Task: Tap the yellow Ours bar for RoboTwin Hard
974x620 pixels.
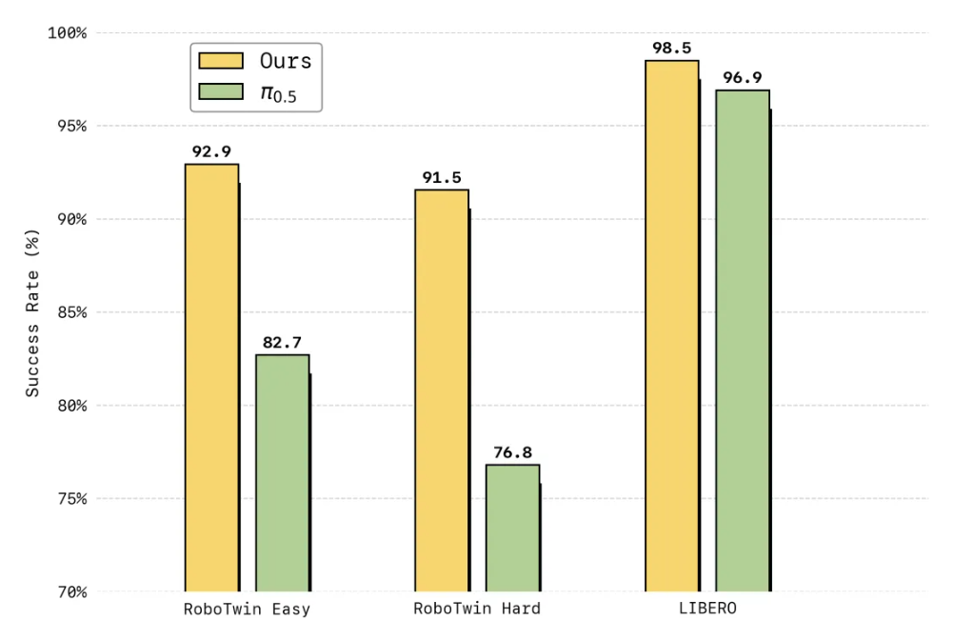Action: pos(441,390)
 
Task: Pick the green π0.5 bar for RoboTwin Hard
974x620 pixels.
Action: pos(512,528)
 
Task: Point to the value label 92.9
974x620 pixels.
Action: pos(211,150)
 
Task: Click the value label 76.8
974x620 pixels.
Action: pos(512,451)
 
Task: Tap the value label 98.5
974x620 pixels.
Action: pos(671,47)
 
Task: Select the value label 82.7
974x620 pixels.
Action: pos(282,341)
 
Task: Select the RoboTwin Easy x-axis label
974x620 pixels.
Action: pos(247,609)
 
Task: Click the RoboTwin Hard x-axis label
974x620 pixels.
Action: pos(477,609)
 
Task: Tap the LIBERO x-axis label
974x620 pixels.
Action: pos(707,609)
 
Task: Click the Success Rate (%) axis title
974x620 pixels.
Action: pos(33,312)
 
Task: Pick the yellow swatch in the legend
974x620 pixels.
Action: pos(221,61)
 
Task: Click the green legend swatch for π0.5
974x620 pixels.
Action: pos(221,92)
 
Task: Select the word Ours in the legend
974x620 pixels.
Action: pos(286,61)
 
